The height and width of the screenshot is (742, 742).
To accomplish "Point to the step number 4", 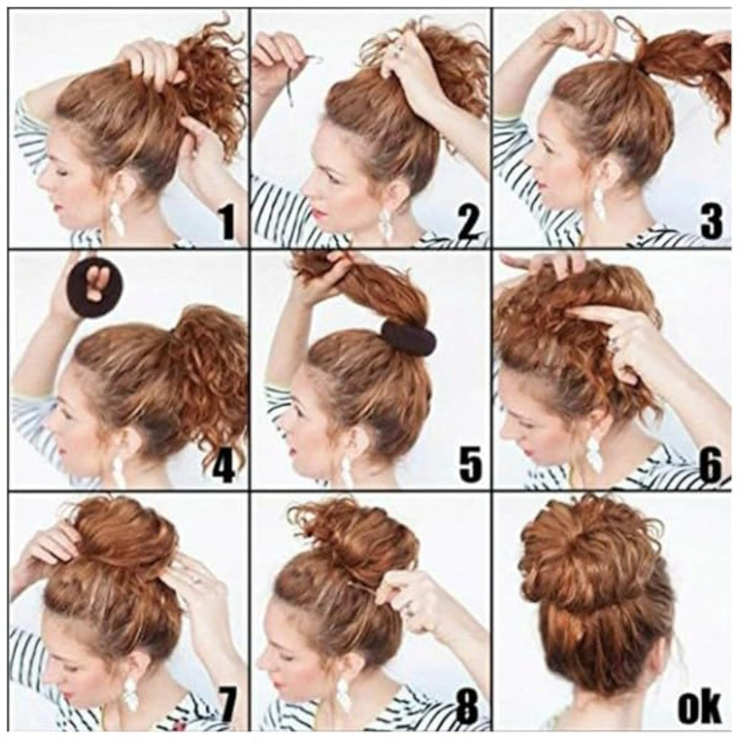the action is coord(223,467).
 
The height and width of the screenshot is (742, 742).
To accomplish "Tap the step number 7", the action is coord(227,709).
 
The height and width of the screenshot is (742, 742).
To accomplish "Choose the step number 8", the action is coord(467,709).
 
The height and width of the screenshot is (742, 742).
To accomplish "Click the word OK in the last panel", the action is coord(699,708).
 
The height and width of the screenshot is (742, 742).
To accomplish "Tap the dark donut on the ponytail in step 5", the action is coord(408,338).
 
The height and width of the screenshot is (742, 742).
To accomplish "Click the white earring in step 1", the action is coord(117,217).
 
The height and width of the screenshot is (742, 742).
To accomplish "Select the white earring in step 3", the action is coord(599,204).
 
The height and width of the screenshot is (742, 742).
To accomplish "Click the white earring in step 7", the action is coord(130,697).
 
